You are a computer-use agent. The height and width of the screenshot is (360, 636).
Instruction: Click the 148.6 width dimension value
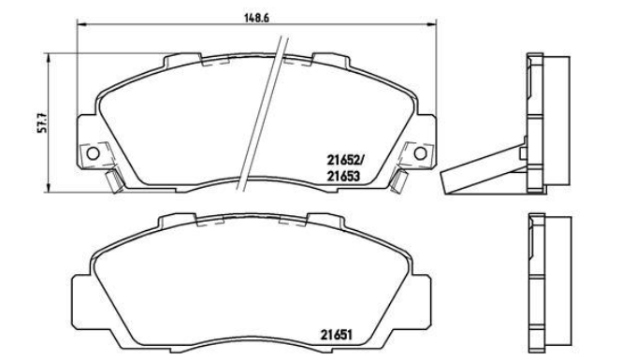click(257, 18)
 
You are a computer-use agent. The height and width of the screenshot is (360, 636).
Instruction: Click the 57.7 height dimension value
click(43, 122)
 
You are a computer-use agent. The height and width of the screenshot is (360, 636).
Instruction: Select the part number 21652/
click(346, 161)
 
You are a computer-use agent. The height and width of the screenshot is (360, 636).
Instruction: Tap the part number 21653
click(343, 177)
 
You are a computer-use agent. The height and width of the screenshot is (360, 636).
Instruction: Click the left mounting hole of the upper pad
click(93, 153)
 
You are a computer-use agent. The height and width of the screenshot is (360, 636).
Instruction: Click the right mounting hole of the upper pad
click(420, 153)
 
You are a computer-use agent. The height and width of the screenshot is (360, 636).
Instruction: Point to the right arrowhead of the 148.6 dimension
click(431, 25)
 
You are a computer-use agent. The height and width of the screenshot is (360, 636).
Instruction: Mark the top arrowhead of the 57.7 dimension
click(49, 58)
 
